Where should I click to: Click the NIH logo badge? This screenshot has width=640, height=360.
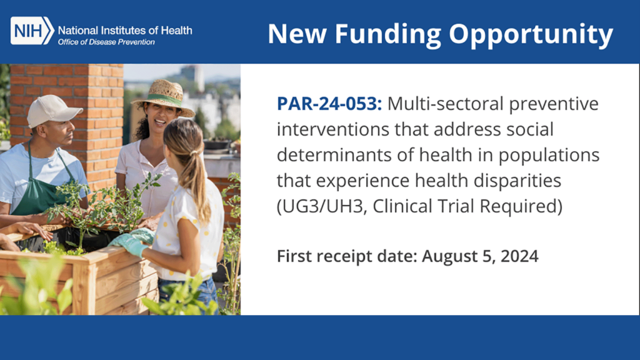(x=32, y=31)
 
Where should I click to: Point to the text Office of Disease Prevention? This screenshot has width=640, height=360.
(x=106, y=42)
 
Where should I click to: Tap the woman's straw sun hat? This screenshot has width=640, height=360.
(x=164, y=97)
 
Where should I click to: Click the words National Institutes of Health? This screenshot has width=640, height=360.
(x=125, y=29)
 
